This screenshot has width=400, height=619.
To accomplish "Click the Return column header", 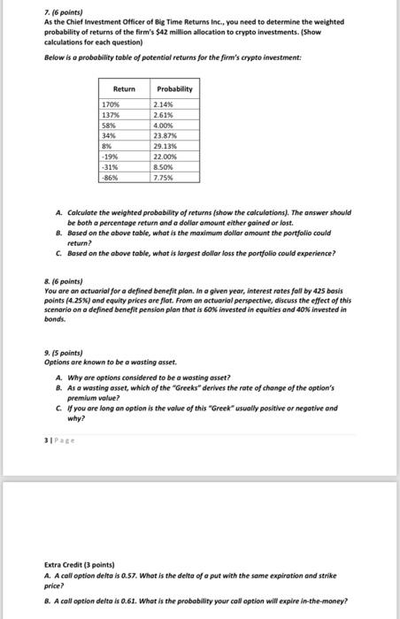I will (x=124, y=89).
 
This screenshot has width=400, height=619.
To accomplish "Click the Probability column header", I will (x=174, y=89).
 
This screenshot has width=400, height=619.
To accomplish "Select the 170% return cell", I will (x=112, y=105).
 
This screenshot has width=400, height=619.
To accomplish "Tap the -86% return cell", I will (x=112, y=177).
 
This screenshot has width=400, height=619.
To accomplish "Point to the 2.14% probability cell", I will (x=166, y=105).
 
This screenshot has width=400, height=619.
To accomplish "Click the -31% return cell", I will (x=112, y=167).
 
